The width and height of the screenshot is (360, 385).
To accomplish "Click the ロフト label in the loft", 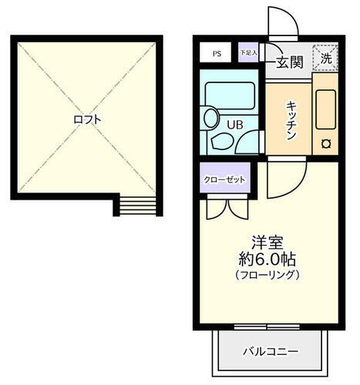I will point(87,120).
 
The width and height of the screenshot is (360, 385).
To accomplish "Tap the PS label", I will point(217,54).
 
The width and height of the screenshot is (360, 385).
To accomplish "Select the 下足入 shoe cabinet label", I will point(247,52).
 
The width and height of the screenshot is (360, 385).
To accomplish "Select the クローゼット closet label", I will point(224,179).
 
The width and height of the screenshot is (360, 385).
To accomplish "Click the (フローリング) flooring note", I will point(267,275).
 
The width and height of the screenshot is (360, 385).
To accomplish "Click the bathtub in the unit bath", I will point(229,97).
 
